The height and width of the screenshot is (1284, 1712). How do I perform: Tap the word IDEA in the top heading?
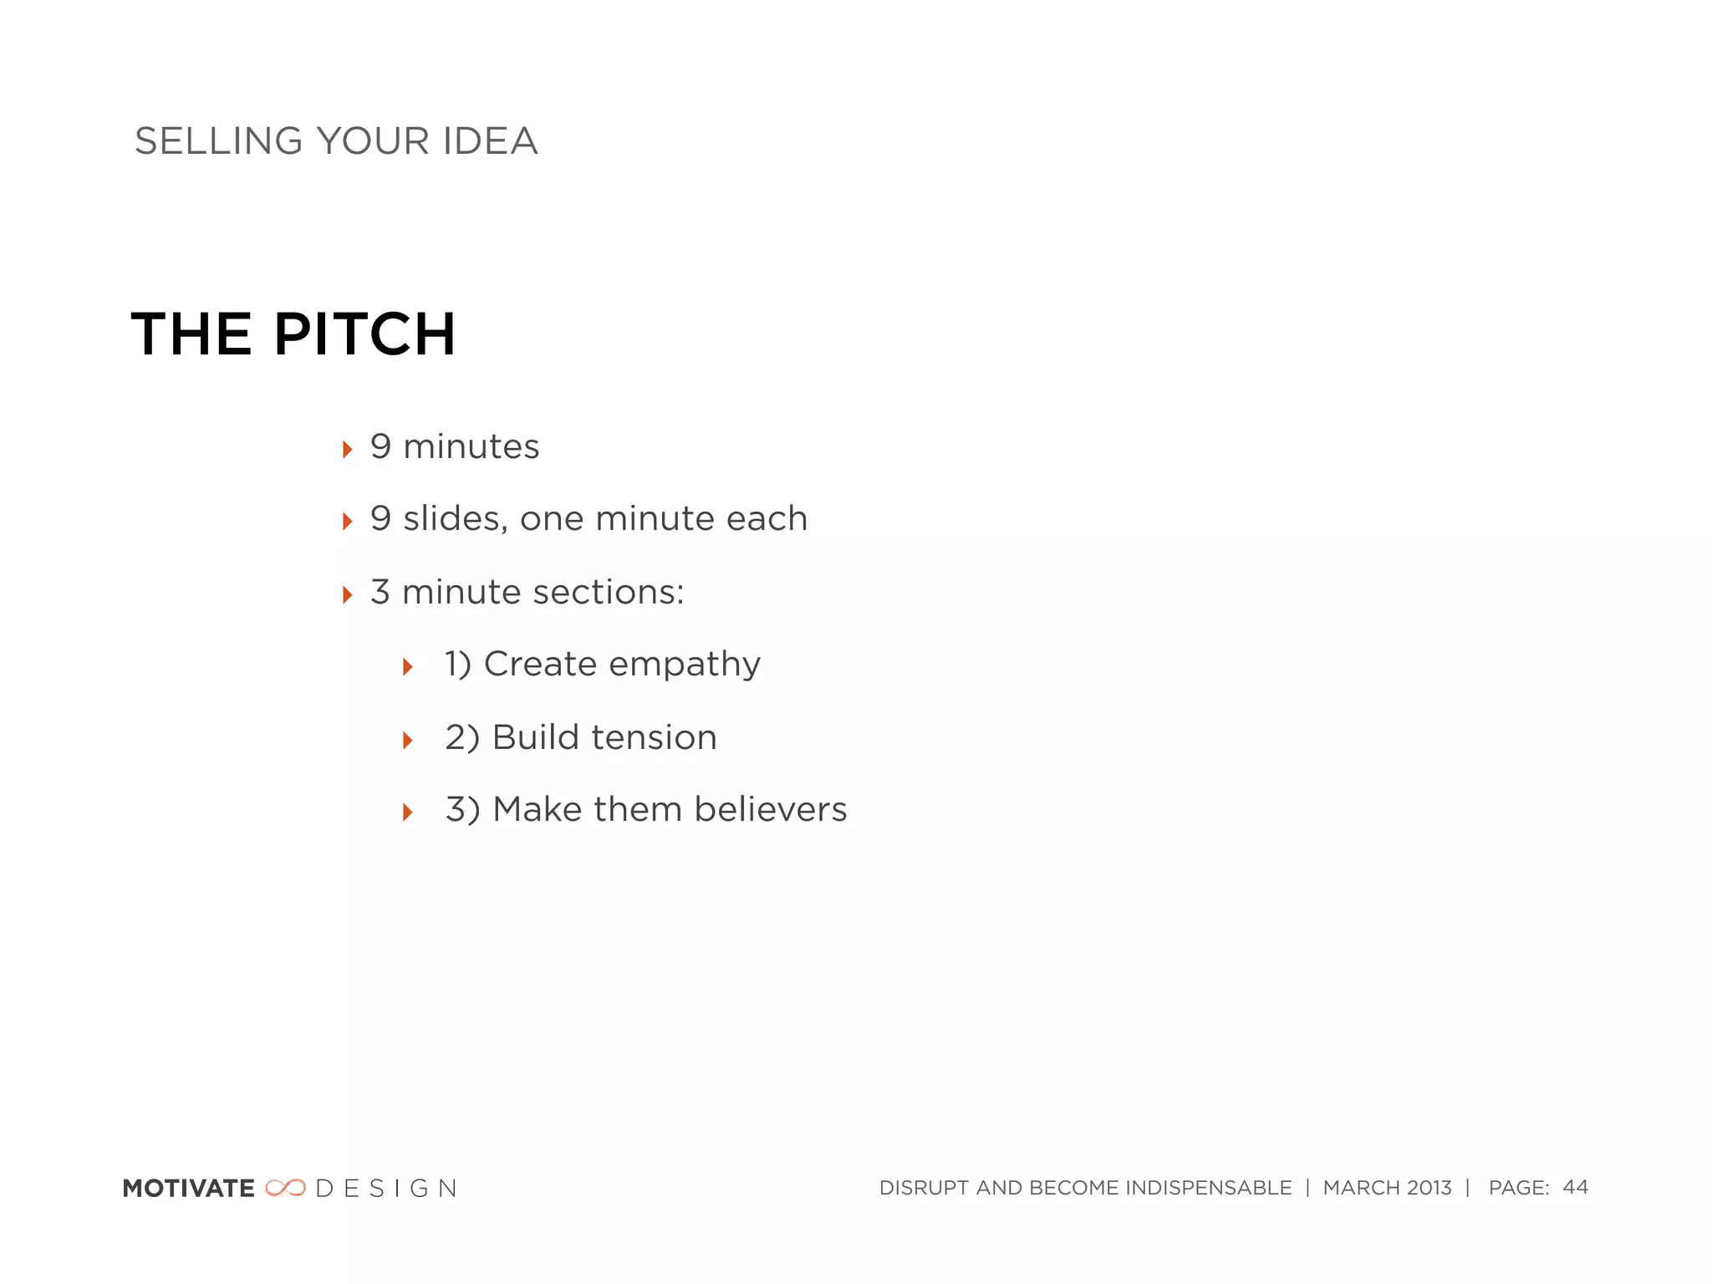(x=490, y=141)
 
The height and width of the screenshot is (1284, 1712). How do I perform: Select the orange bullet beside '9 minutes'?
(x=348, y=450)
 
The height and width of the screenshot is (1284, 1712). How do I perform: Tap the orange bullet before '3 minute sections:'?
(x=348, y=595)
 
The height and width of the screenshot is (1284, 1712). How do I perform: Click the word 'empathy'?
(x=685, y=665)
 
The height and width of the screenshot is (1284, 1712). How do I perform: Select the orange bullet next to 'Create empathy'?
(x=408, y=667)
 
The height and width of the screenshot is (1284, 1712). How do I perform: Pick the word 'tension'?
(x=654, y=738)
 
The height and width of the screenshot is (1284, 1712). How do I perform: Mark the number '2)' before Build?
(x=461, y=738)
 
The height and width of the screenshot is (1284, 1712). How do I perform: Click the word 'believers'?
(x=770, y=810)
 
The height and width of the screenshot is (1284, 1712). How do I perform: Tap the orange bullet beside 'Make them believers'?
(x=408, y=812)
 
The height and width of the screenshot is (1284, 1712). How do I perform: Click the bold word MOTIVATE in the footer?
(x=189, y=1189)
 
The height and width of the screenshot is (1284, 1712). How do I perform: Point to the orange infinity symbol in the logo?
(x=286, y=1188)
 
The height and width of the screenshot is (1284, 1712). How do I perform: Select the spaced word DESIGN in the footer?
(x=386, y=1189)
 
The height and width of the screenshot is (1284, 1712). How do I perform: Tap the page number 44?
(x=1575, y=1187)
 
